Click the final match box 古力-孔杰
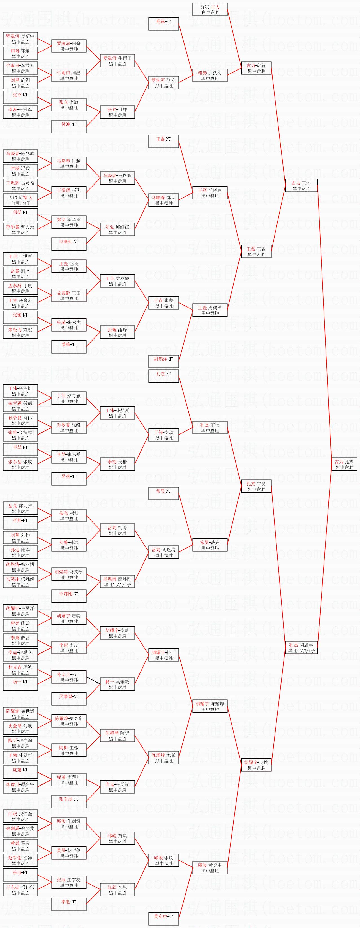(344, 464)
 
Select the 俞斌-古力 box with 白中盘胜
(210, 9)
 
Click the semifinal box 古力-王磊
(301, 186)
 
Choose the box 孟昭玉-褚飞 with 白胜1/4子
(20, 200)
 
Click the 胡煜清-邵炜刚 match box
(117, 582)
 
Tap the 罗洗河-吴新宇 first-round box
(20, 39)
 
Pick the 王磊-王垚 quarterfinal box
(256, 251)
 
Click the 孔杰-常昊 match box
(256, 486)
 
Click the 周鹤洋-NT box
(164, 361)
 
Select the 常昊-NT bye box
(164, 493)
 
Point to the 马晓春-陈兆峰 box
(20, 156)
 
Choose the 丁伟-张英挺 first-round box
(20, 391)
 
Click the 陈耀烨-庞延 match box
(164, 758)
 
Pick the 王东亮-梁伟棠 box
(20, 890)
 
